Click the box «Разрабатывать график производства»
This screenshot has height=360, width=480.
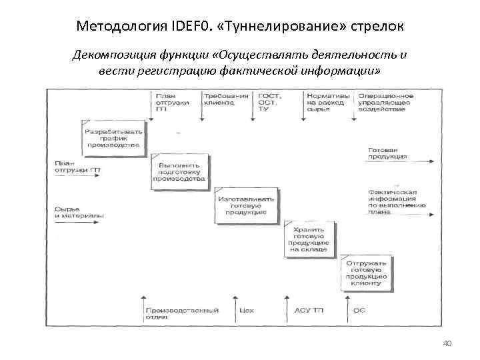pos(113,138)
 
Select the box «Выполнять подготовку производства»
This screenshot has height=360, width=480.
pos(179,171)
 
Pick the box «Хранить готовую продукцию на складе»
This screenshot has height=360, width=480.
pos(310,238)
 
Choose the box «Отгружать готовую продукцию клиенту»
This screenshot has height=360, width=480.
pos(365,273)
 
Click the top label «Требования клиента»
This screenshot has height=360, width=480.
pos(222,99)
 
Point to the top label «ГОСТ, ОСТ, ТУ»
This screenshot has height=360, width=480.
pos(269,103)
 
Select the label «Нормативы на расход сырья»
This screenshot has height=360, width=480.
pos(327,103)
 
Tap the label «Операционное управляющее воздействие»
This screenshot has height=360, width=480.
pos(385,103)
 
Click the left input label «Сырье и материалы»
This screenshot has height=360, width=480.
pos(79,212)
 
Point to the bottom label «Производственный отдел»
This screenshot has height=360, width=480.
pos(181,313)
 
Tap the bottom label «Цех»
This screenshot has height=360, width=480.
pos(246,310)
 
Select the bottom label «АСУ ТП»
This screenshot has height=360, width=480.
pos(309,310)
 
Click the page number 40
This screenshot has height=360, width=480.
pos(447,344)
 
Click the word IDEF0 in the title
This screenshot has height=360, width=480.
pos(193,27)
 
